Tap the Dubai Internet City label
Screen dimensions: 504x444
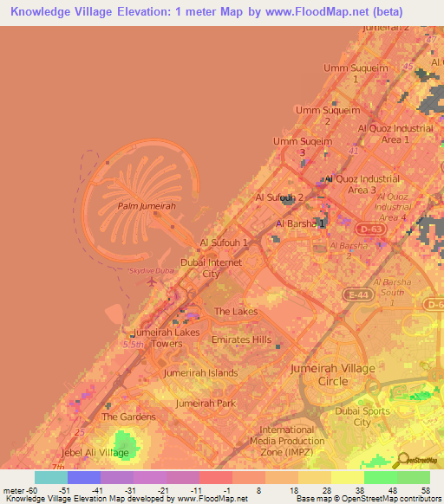[211, 268]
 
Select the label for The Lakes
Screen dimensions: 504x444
[236, 312]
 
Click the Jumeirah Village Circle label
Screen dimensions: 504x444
[333, 374]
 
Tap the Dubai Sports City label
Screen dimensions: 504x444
[363, 417]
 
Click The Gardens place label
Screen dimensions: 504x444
[127, 417]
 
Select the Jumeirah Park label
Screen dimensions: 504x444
[206, 404]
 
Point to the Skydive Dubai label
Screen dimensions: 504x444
[152, 271]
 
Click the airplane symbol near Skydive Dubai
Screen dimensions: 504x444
[153, 281]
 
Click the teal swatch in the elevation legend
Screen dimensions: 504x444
[51, 477]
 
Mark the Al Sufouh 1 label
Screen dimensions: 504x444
[225, 242]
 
